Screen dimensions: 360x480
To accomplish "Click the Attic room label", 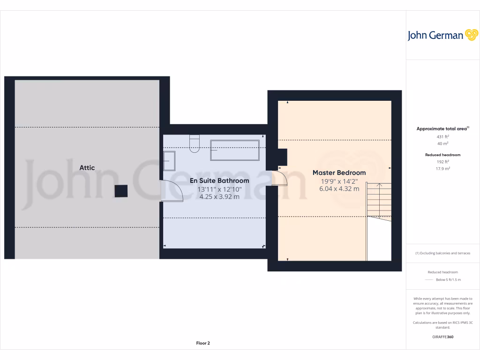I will (87, 168).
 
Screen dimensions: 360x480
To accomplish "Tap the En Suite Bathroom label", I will (219, 180).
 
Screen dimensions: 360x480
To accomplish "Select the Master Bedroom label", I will (339, 172).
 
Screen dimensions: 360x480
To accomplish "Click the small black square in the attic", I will (121, 190).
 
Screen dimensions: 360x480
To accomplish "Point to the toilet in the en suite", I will (195, 143).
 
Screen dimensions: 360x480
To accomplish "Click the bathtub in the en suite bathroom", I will (235, 150).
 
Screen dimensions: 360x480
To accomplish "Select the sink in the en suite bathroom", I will (169, 160).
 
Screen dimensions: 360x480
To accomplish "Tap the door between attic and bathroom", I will (172, 191).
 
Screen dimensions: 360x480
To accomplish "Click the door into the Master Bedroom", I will (278, 179).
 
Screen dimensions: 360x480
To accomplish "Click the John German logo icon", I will (471, 35).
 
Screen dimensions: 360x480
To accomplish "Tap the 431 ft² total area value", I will (443, 136).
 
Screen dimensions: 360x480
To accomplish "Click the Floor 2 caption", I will (203, 343).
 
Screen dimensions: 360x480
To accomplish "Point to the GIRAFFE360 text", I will (443, 337).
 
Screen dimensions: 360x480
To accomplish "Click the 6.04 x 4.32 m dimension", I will (339, 189).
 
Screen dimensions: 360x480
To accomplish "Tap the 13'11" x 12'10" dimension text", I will (219, 189).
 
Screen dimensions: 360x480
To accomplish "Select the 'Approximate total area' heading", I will (442, 128).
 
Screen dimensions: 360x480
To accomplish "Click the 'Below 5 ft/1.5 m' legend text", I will (448, 280).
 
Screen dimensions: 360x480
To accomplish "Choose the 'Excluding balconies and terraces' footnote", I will (443, 253).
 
